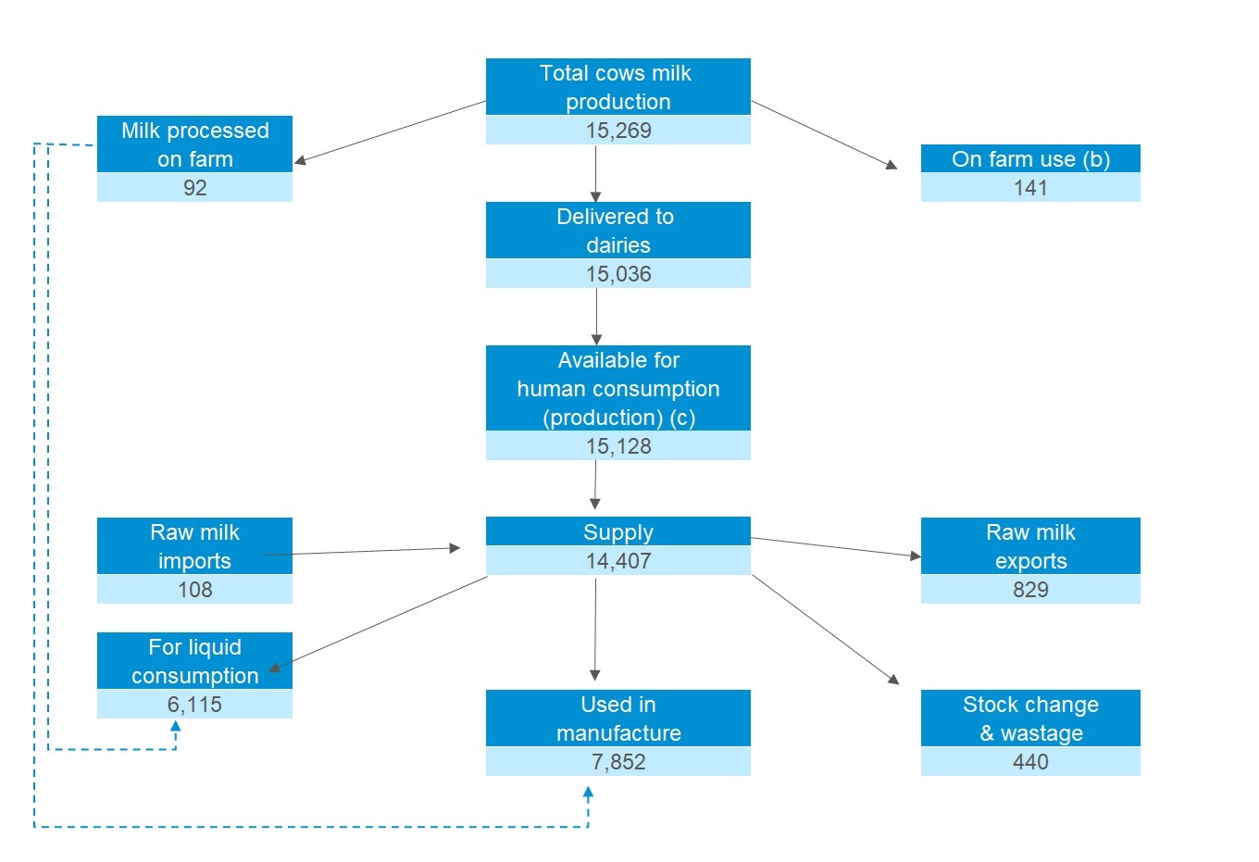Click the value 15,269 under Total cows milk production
click(x=618, y=131)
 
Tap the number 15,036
click(x=618, y=274)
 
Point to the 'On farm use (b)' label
click(x=1030, y=159)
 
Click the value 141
click(x=1030, y=188)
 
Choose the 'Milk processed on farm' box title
click(x=194, y=144)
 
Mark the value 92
click(x=194, y=188)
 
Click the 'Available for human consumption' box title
click(x=617, y=389)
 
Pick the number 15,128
click(x=618, y=446)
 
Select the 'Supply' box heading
click(x=617, y=532)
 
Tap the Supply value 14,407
click(x=618, y=561)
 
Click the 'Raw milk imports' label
click(x=194, y=546)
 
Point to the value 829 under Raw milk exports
click(x=1030, y=590)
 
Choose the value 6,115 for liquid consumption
click(x=194, y=705)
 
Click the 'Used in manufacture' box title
click(x=617, y=718)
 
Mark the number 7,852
click(x=618, y=762)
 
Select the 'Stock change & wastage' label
click(x=1030, y=718)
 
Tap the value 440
click(x=1030, y=762)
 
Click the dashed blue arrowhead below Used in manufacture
click(x=588, y=793)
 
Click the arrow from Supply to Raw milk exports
click(x=833, y=547)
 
